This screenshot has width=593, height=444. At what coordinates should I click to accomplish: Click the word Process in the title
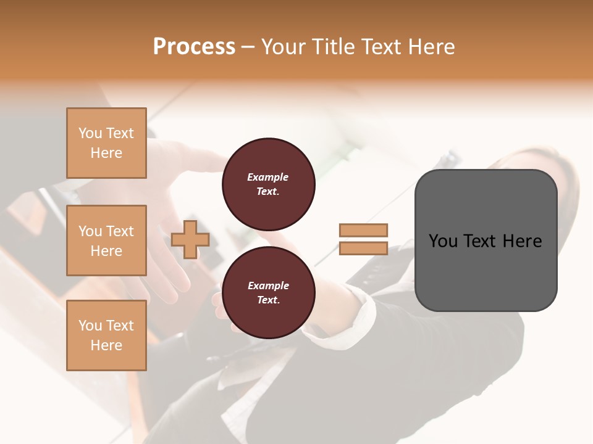(194, 46)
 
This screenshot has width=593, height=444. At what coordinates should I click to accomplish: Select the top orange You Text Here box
(106, 143)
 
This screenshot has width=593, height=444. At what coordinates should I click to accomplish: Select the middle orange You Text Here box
(106, 240)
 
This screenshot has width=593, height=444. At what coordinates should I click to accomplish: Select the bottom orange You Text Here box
(106, 335)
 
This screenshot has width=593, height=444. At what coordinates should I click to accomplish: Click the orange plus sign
(190, 239)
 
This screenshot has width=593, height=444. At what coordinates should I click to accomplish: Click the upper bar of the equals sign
(363, 230)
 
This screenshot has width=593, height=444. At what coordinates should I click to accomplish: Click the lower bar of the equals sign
(363, 249)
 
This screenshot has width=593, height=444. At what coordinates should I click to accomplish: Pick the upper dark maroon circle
(268, 184)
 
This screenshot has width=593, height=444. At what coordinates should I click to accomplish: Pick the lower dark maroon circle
(268, 292)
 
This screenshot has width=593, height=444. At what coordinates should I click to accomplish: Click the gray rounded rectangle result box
(486, 240)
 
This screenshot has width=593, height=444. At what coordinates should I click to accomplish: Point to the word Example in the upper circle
(267, 177)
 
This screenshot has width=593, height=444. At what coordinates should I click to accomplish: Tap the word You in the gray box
(443, 241)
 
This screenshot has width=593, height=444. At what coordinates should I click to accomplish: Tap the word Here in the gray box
(522, 241)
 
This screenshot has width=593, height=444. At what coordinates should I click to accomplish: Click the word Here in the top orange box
(106, 153)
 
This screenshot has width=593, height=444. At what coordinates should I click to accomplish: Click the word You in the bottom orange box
(90, 326)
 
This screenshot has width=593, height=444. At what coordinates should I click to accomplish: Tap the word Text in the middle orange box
(119, 231)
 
